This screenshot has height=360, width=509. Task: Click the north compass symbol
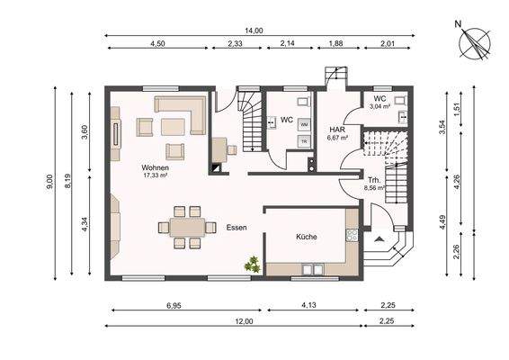point(474,41)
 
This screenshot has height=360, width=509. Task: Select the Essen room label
point(237,228)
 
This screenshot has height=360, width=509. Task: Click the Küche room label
point(306,237)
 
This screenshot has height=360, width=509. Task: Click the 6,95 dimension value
point(174,307)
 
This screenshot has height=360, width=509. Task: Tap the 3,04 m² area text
point(379,106)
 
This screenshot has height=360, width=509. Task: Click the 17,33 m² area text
point(156,175)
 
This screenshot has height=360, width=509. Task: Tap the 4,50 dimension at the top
point(158,43)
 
